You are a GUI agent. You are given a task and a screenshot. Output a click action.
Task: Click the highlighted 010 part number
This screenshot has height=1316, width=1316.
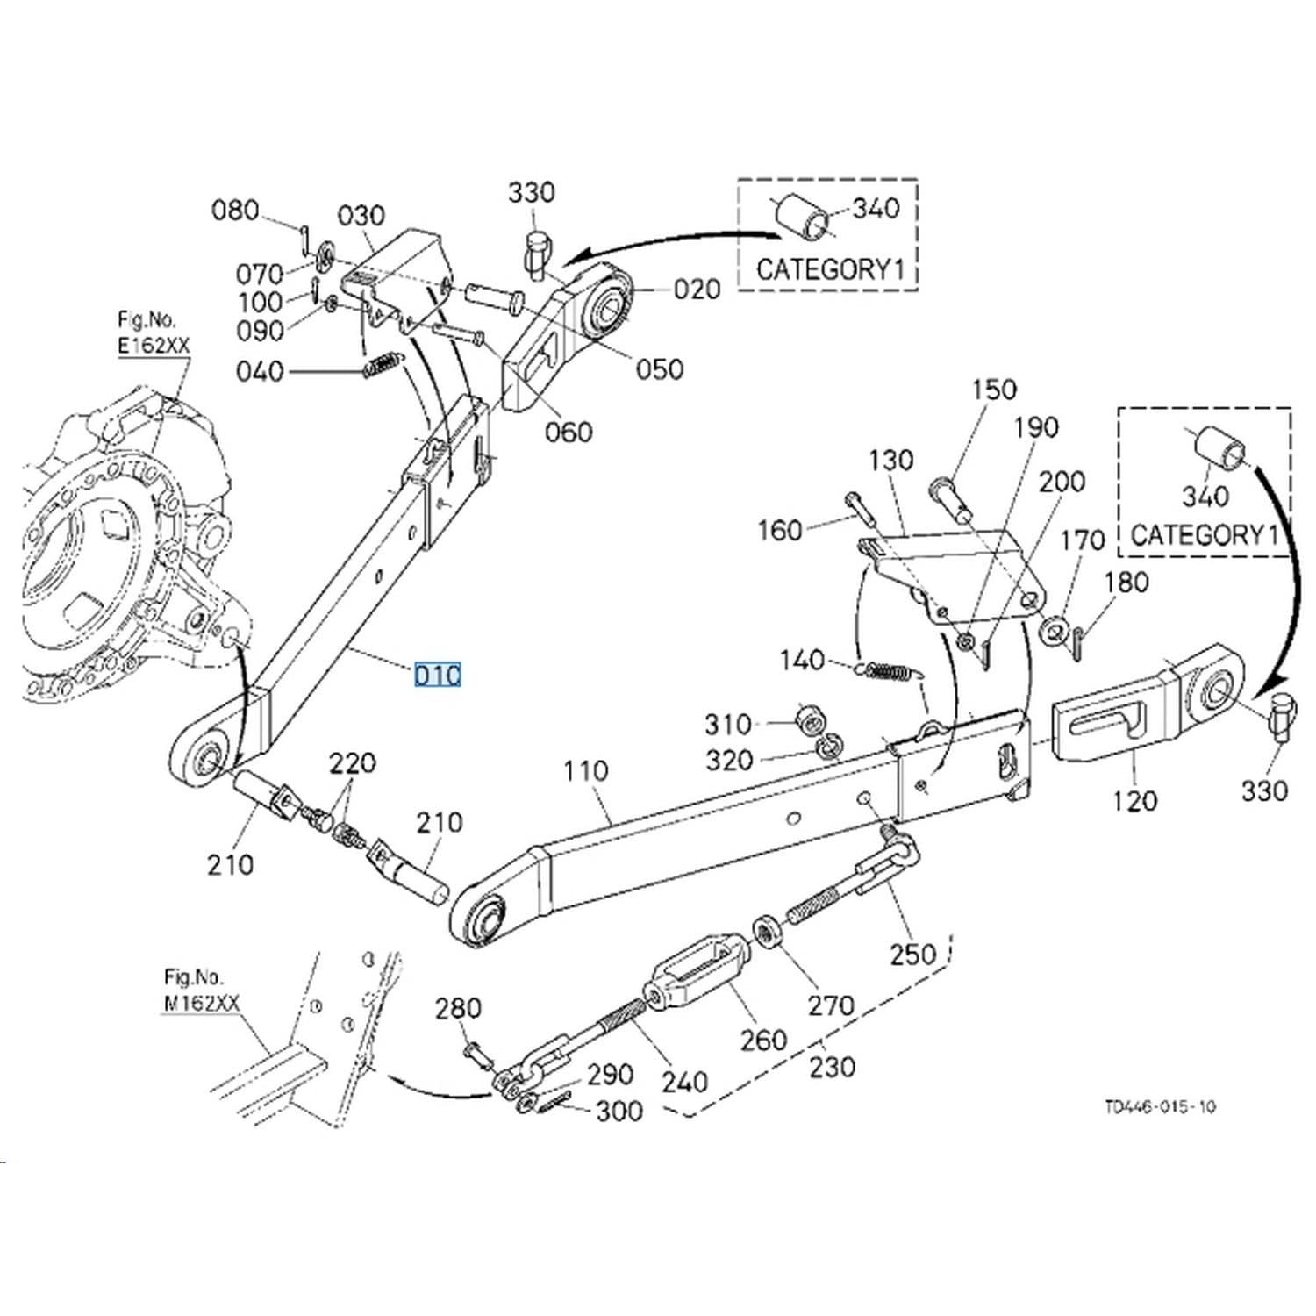[x=438, y=676]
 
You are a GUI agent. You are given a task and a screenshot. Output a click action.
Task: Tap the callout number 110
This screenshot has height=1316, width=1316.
[x=586, y=771]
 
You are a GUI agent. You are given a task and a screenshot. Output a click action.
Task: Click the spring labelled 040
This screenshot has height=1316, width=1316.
[x=383, y=364]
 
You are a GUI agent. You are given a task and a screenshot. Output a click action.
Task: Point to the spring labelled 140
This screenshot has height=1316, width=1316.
[x=890, y=671]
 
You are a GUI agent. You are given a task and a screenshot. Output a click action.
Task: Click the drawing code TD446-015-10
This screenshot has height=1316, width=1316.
[x=1161, y=1107]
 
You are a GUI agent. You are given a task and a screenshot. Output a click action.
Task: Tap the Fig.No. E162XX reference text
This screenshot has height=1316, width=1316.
[x=154, y=333]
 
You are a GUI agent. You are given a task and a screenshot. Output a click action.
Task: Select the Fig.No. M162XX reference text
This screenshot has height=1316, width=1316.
[x=201, y=991]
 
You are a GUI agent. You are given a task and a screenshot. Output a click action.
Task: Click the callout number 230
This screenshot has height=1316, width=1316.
[x=831, y=1067]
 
